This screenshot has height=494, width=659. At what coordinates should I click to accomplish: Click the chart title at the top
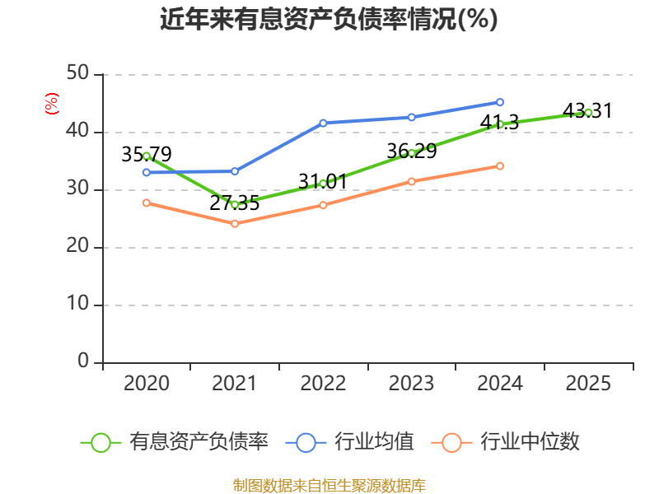click(329, 19)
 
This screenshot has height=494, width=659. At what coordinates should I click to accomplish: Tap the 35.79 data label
click(147, 155)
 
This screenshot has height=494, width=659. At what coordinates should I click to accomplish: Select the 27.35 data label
click(235, 203)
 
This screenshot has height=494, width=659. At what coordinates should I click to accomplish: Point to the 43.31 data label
click(588, 110)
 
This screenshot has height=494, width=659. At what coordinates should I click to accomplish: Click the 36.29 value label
click(411, 151)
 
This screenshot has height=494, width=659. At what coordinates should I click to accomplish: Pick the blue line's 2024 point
click(500, 102)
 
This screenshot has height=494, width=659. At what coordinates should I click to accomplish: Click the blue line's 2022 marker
click(323, 123)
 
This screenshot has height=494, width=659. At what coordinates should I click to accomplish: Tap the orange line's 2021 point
click(235, 223)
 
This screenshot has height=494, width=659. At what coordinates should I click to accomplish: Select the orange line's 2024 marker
click(500, 165)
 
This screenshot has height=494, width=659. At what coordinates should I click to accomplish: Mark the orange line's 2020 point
click(147, 203)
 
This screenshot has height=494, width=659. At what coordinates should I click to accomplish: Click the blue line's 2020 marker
click(147, 172)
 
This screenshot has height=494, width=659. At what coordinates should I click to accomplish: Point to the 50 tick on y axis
click(79, 74)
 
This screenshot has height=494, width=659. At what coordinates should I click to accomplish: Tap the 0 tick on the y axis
click(84, 362)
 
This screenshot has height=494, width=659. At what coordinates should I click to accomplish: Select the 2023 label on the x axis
click(411, 383)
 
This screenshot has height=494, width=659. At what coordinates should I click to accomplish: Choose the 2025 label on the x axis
click(588, 383)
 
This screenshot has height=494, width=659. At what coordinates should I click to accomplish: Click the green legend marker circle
click(101, 442)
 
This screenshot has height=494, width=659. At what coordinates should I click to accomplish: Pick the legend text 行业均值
click(374, 442)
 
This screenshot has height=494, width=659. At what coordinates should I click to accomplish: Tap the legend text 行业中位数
click(530, 442)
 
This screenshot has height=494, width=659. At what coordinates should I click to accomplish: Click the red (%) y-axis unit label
click(52, 104)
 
